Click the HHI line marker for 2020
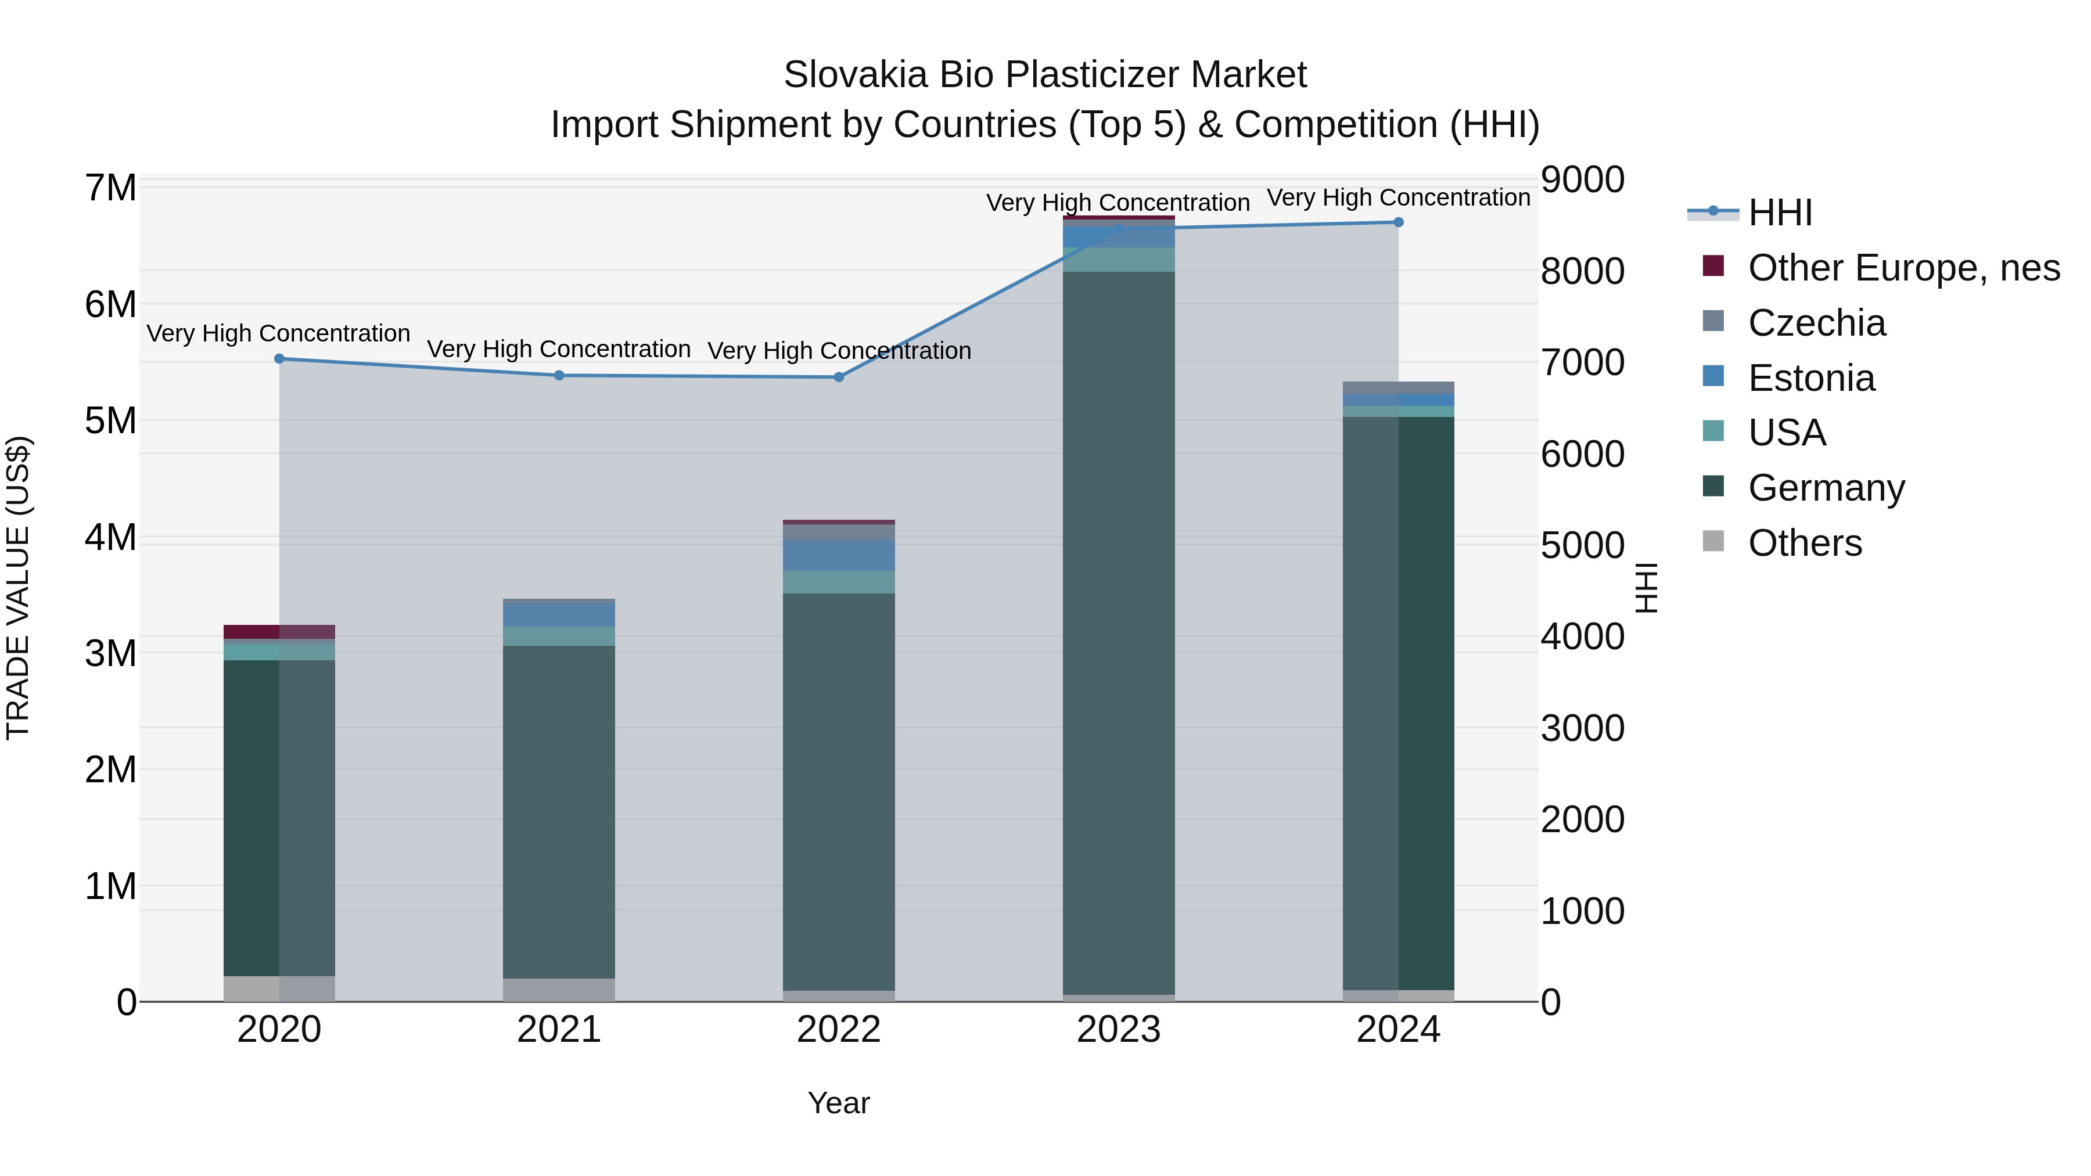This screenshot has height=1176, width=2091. click(x=279, y=359)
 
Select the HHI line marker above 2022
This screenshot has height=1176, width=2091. click(x=839, y=377)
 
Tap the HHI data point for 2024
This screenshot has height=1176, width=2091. click(x=1399, y=222)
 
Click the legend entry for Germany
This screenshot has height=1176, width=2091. click(x=1826, y=488)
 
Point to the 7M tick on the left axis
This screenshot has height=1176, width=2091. click(x=110, y=188)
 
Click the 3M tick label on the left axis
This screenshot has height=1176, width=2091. click(x=110, y=654)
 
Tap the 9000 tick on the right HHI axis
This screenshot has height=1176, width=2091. click(x=1582, y=180)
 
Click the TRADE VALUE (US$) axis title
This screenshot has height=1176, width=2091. click(x=18, y=588)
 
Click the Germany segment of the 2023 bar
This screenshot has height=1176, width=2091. click(x=1119, y=633)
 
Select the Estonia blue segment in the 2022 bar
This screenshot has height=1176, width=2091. click(x=839, y=556)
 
